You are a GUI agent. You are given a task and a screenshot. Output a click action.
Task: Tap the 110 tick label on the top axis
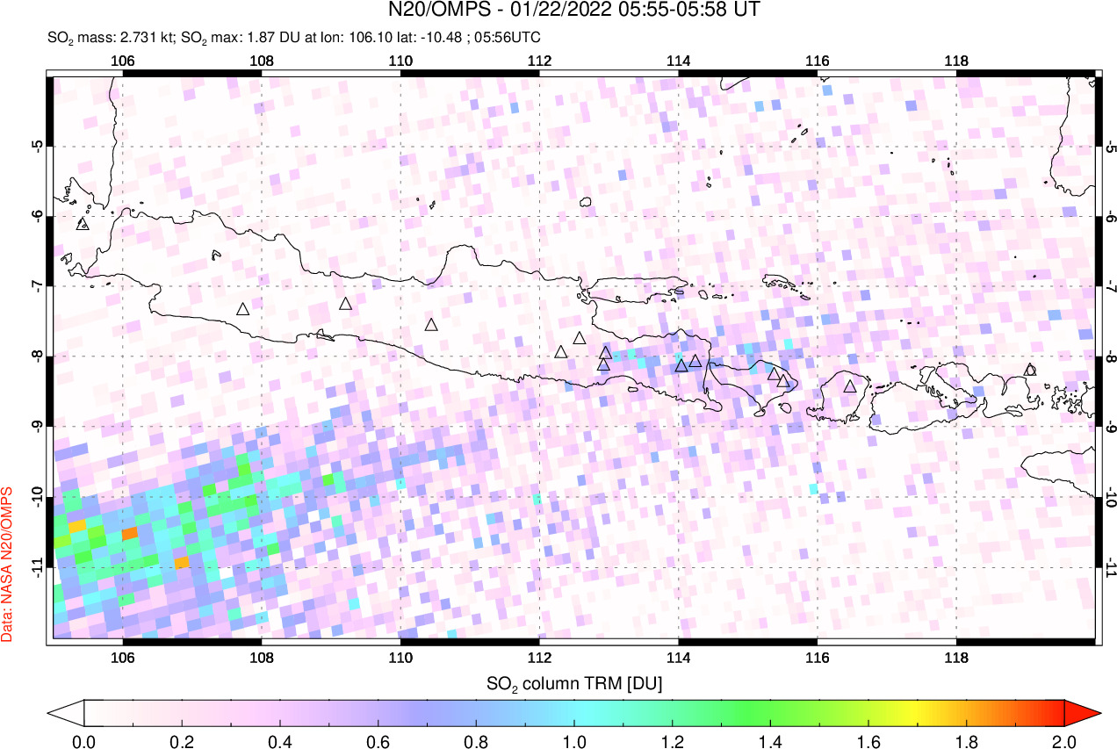click(x=400, y=61)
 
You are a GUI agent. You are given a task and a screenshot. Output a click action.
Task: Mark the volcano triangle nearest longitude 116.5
click(x=849, y=385)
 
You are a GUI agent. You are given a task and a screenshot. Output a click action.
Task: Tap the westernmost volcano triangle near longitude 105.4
click(x=83, y=224)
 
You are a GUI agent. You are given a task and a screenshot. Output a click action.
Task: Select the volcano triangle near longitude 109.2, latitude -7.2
click(x=345, y=304)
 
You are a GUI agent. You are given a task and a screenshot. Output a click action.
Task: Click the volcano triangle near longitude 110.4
click(x=431, y=325)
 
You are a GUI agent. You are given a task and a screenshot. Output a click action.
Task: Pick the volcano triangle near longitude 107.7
click(x=242, y=309)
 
